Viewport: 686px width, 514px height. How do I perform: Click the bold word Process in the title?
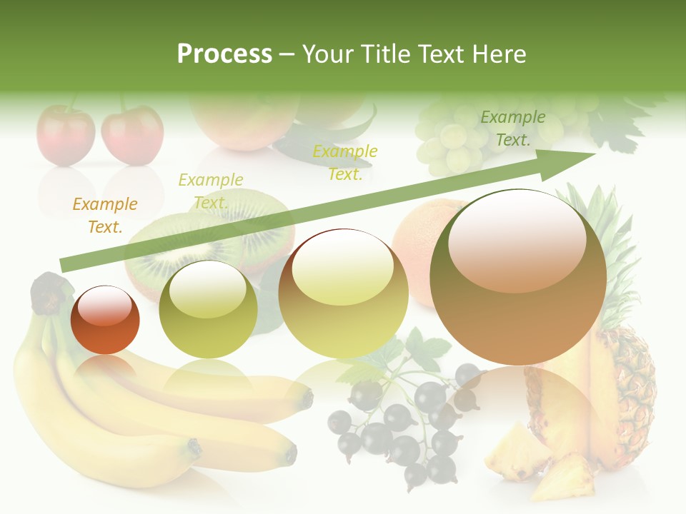click(224, 54)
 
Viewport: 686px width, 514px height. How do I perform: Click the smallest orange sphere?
click(105, 320)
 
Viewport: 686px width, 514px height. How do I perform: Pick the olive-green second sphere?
click(208, 309)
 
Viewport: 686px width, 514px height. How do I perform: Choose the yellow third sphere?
click(343, 293)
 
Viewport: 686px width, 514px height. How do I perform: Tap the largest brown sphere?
click(518, 277)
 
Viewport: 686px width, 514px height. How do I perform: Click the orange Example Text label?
click(105, 216)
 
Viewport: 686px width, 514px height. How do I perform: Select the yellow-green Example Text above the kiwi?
click(211, 191)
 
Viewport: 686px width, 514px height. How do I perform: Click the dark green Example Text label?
click(512, 128)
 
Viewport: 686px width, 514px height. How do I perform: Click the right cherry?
click(132, 135)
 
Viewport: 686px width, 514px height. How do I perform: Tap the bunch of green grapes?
click(450, 139)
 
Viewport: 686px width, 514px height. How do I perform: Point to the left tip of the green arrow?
click(63, 266)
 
